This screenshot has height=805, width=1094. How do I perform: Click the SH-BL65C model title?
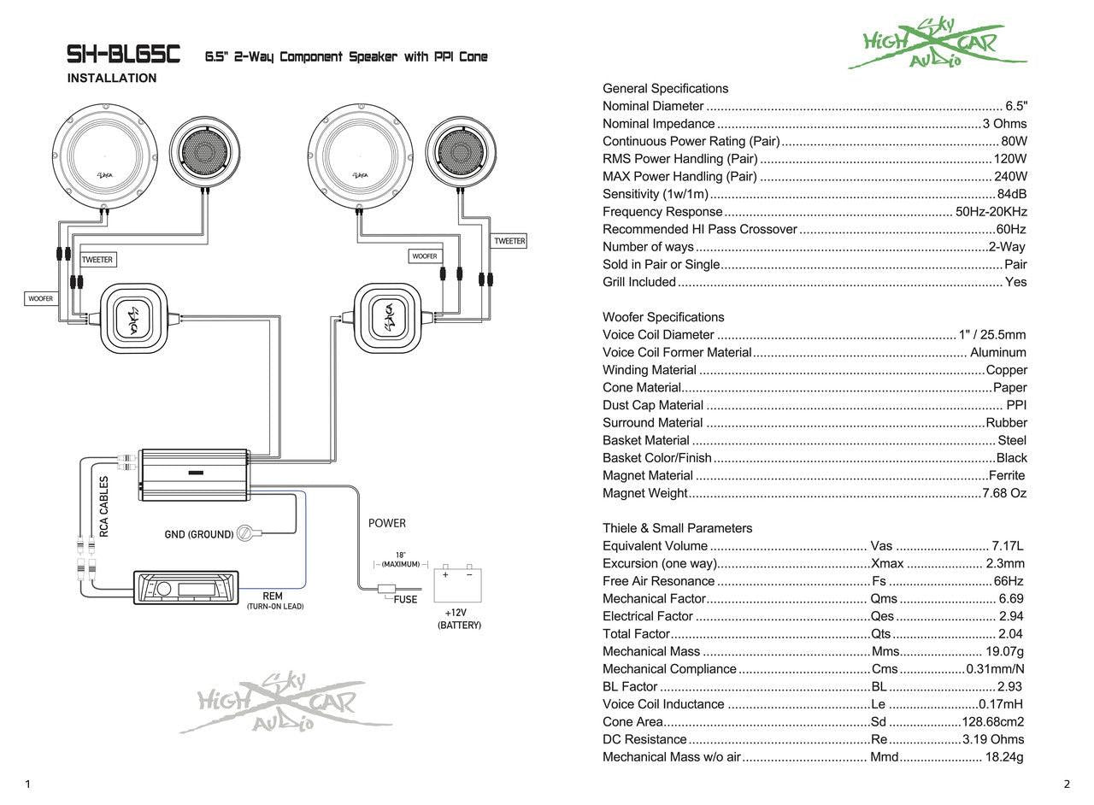(124, 56)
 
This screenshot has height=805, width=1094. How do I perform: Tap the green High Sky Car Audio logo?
(936, 46)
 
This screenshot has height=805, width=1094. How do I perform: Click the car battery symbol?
(458, 585)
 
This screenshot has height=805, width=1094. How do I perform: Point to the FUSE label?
(405, 600)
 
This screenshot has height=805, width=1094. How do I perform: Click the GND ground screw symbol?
(244, 533)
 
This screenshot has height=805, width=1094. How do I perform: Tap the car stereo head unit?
(186, 588)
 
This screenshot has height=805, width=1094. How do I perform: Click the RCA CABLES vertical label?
(104, 506)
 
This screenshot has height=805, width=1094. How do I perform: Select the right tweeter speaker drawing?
(462, 152)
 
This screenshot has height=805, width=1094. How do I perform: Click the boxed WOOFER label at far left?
(40, 299)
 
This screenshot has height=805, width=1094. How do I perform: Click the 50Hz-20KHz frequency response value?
(991, 212)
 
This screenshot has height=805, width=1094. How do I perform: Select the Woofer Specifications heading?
(663, 317)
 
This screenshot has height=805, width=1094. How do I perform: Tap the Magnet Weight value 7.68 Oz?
(1004, 493)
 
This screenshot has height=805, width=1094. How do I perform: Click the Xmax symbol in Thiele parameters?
(887, 563)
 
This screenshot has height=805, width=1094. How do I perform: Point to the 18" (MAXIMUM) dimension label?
(400, 560)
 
